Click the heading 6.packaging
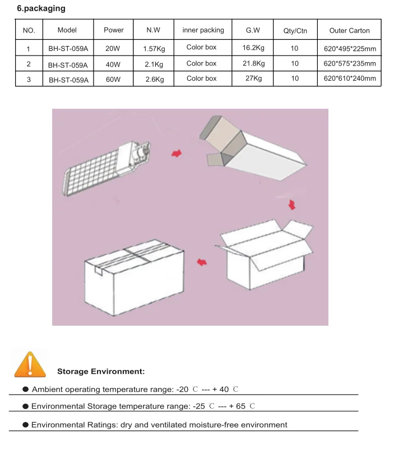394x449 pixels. click(x=41, y=8)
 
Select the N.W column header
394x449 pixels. click(x=153, y=30)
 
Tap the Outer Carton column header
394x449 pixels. click(x=349, y=31)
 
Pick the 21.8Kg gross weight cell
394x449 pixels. click(x=253, y=63)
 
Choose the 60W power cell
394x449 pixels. click(x=113, y=80)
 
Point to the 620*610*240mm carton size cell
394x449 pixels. click(x=350, y=79)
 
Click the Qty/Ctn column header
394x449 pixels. click(x=295, y=31)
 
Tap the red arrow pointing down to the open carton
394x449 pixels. click(x=291, y=206)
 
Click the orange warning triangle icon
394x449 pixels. click(x=30, y=364)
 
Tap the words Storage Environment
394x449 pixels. click(x=101, y=372)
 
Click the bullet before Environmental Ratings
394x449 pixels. click(x=25, y=424)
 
